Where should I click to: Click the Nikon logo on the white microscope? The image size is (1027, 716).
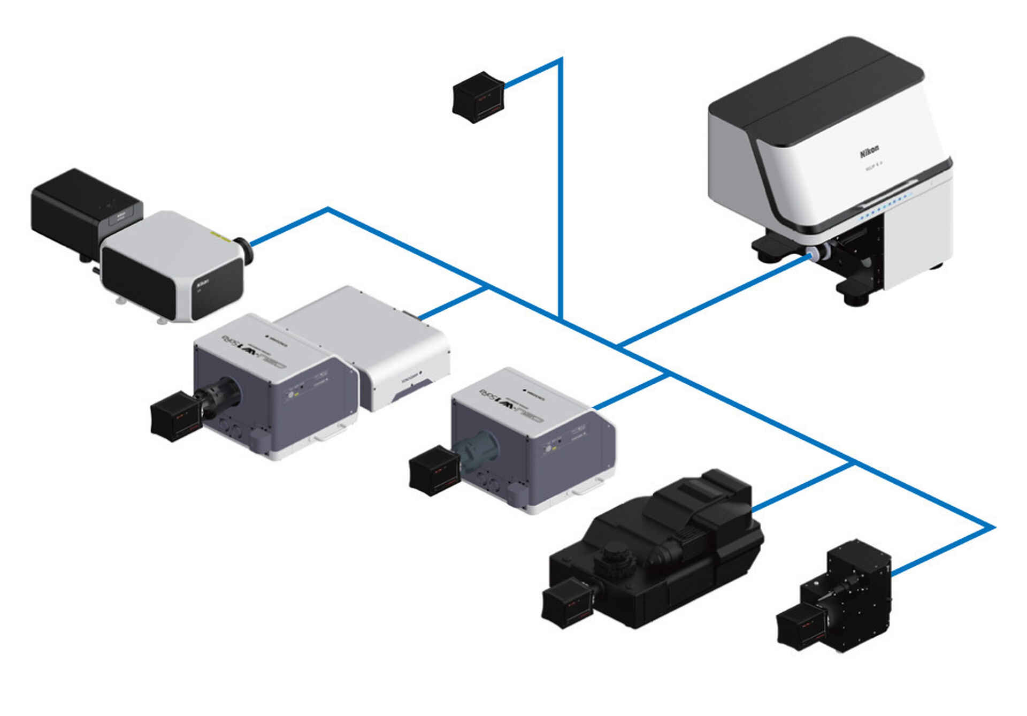pos(869,152)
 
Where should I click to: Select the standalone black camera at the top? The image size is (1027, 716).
pos(478,97)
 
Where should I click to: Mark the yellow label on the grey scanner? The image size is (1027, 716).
pos(220,235)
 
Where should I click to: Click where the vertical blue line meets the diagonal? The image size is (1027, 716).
pos(561,319)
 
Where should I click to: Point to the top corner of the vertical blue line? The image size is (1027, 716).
pos(561,59)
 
